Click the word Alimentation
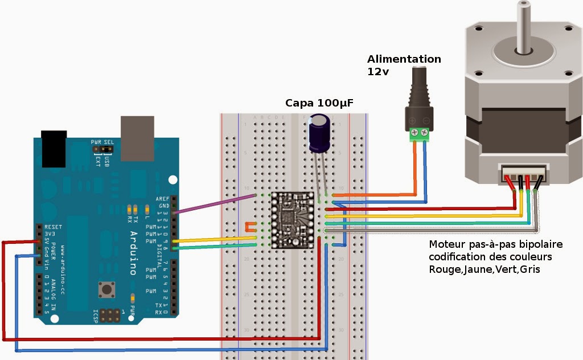tap(404, 59)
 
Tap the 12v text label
tap(376, 72)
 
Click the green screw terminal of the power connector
tap(418, 134)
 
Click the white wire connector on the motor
tap(526, 173)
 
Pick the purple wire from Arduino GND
tap(216, 204)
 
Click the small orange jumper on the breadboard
tap(249, 226)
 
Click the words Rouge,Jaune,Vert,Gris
tap(484, 269)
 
